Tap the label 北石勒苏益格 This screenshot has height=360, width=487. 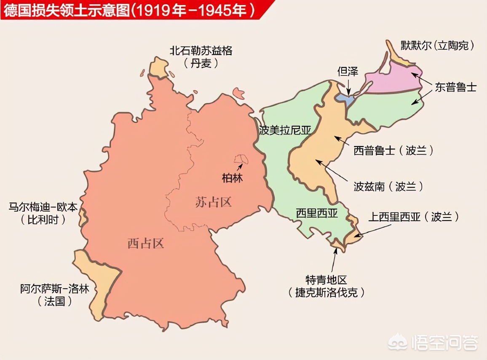point(201,51)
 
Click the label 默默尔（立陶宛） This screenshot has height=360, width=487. point(436,46)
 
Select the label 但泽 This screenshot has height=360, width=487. point(348,71)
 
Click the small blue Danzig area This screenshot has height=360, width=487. point(344,97)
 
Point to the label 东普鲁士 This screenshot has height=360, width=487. point(456,87)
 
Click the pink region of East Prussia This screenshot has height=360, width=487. point(394,80)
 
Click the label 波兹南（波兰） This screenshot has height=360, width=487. point(388,186)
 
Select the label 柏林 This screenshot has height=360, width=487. point(232,178)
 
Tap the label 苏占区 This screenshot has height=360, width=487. point(214,202)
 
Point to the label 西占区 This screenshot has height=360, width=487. point(145,243)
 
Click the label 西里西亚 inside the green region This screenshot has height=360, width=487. point(316,213)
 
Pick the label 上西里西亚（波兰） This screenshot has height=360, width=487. point(413,217)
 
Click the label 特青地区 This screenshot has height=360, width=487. point(326,280)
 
